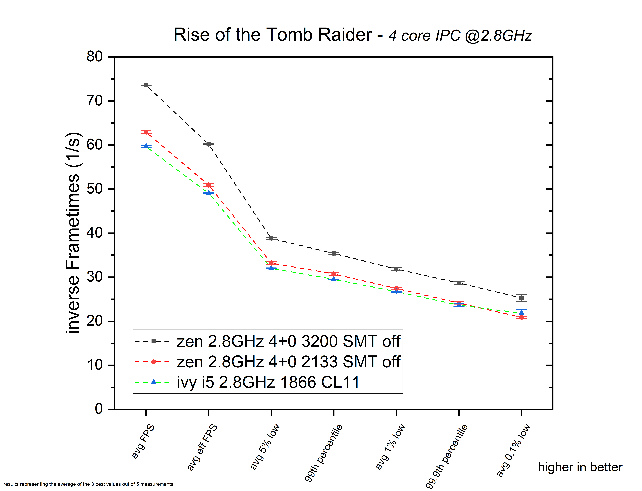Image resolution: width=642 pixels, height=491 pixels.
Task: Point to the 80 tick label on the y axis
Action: pos(94,56)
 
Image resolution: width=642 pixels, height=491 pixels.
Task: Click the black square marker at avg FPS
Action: pos(146,85)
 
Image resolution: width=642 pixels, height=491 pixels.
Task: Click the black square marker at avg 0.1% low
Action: pos(521,298)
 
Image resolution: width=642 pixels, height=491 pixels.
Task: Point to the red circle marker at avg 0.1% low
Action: pos(521,317)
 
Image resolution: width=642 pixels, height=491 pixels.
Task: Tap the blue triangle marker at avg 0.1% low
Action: pos(521,312)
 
